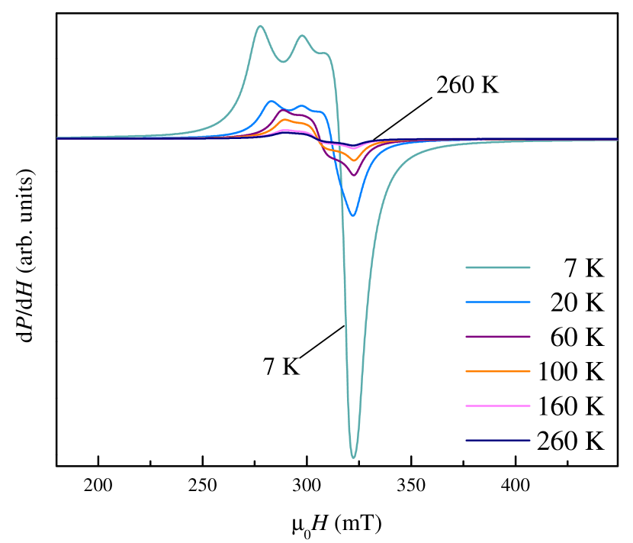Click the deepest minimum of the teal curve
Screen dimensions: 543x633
coord(353,457)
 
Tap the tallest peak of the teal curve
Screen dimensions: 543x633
coord(260,26)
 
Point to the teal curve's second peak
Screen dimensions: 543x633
coord(302,35)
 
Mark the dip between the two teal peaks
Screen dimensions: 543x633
coord(282,62)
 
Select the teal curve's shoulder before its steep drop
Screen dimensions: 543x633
coord(325,53)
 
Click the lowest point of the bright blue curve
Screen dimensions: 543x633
coord(353,215)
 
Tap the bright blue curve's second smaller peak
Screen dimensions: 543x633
coord(302,106)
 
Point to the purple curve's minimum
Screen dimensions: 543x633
coord(353,176)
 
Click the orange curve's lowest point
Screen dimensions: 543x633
coord(353,160)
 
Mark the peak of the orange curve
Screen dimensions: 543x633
coord(285,120)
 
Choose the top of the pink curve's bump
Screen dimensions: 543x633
coord(287,131)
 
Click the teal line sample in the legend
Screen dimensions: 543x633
coord(497,267)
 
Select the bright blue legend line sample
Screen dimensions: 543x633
coord(497,302)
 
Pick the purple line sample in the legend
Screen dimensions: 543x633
coord(497,337)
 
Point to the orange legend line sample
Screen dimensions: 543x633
coord(497,371)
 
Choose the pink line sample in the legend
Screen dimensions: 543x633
coord(497,406)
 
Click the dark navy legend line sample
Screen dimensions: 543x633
coord(497,440)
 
